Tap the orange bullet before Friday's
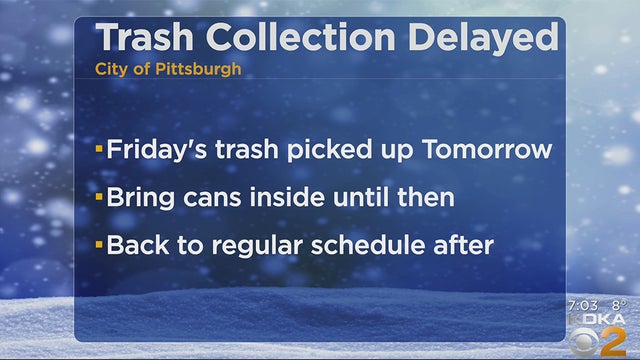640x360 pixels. (x=99, y=151)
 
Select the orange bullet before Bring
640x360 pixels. (x=99, y=198)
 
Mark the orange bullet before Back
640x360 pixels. (x=99, y=245)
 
